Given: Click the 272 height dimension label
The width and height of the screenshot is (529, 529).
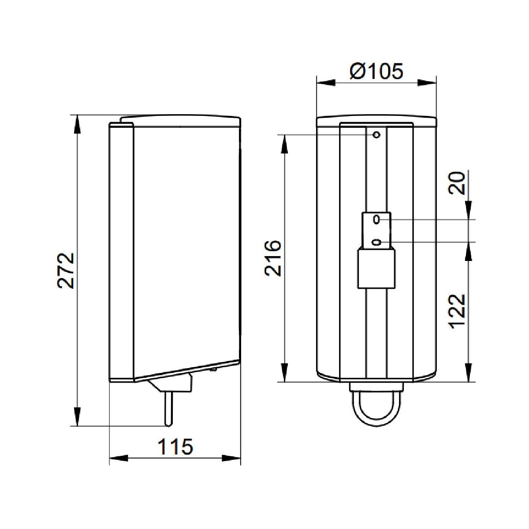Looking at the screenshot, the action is coord(66,270).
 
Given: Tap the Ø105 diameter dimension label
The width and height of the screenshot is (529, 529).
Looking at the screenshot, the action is coord(376,71).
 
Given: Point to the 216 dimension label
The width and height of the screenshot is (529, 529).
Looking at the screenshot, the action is coord(273,258).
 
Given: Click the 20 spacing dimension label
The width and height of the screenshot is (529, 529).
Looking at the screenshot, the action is coord(457,183).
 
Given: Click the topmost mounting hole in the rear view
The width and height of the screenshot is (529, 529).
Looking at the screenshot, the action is coord(376,135).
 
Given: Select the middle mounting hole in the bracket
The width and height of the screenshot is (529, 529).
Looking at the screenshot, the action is coord(376,220).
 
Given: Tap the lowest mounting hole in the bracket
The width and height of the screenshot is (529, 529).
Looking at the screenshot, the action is coord(376,242).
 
